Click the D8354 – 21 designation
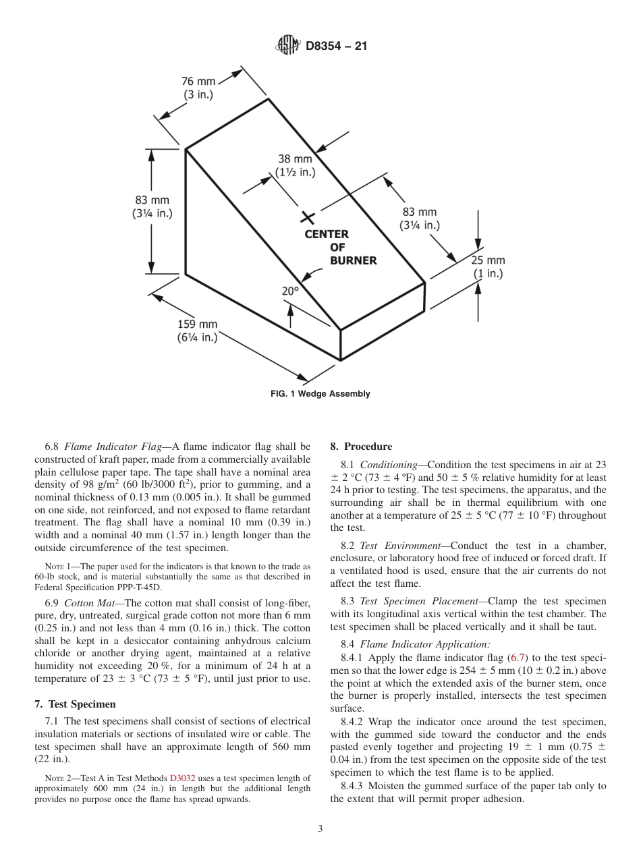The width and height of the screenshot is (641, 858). point(335,47)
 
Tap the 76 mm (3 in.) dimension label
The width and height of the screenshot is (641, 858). point(198,88)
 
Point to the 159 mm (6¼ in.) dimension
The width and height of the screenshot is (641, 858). point(198,331)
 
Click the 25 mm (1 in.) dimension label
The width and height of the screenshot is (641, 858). point(487,267)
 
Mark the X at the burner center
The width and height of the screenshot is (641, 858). point(308,217)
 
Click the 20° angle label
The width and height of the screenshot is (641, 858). point(290,291)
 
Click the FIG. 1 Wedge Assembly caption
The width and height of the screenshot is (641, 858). point(320,394)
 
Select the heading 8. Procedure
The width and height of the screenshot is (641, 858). point(361,447)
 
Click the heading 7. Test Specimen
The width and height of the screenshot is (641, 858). point(75,704)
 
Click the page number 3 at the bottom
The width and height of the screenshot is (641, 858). point(320,829)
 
